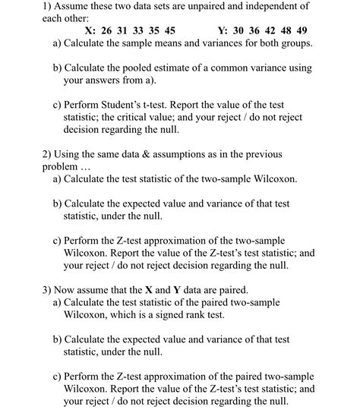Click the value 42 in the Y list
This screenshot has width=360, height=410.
(x=270, y=31)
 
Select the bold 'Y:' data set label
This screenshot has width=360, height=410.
(x=222, y=31)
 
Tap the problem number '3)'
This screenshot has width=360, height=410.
(x=47, y=290)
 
